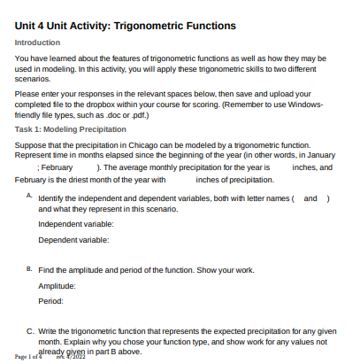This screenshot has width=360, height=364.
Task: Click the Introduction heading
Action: coord(38,43)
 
